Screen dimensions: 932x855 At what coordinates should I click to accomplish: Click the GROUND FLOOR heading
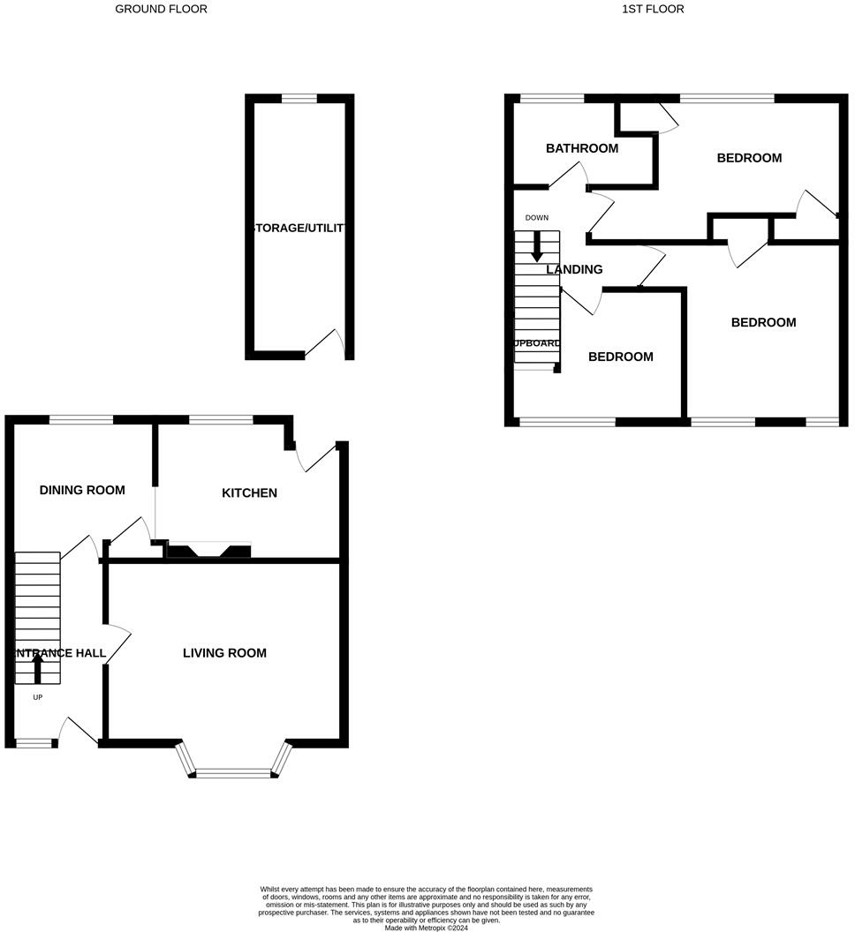coord(162,9)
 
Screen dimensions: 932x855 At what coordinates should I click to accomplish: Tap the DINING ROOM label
coord(82,490)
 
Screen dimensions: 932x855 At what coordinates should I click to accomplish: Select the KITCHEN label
coord(249,492)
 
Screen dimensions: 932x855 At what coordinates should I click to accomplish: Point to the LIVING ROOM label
coord(224,653)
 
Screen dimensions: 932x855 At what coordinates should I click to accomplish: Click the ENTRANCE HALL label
coord(58,653)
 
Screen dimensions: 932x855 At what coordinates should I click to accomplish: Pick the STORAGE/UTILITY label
coord(299,228)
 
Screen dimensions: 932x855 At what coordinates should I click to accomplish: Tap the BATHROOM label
coord(581,148)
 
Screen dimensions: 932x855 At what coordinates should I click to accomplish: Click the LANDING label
coord(574,269)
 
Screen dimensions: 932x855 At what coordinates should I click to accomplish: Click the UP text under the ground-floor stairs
coord(37,697)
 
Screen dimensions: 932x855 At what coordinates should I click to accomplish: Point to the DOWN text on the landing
coord(536,217)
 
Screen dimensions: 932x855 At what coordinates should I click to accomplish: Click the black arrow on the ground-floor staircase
coord(37,668)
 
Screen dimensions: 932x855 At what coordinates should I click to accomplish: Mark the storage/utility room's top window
coord(299,99)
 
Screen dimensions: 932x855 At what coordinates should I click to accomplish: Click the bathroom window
coord(552,99)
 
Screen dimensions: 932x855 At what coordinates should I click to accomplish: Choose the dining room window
coord(81,420)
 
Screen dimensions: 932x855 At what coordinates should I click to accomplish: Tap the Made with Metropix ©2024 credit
coord(427,928)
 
